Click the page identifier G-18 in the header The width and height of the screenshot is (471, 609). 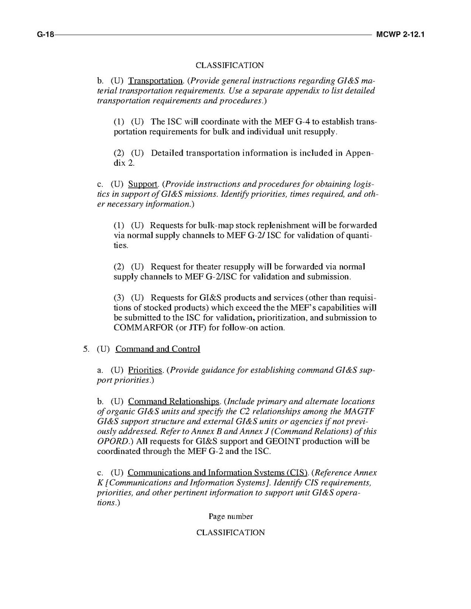pyautogui.click(x=45, y=35)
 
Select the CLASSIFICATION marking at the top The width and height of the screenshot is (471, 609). pyautogui.click(x=229, y=66)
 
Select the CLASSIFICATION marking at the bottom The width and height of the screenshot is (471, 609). pyautogui.click(x=230, y=533)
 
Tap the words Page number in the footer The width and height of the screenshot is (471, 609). pyautogui.click(x=230, y=516)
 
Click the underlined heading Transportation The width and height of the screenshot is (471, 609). pyautogui.click(x=155, y=81)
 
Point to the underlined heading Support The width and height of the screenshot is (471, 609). pyautogui.click(x=142, y=184)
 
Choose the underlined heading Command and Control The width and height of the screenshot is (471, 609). pyautogui.click(x=158, y=349)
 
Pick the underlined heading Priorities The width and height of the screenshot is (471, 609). pyautogui.click(x=144, y=370)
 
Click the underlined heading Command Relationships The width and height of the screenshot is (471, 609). pyautogui.click(x=173, y=402)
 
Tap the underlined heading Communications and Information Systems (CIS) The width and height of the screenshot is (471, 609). pyautogui.click(x=218, y=473)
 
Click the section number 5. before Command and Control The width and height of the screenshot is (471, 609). pyautogui.click(x=86, y=349)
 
